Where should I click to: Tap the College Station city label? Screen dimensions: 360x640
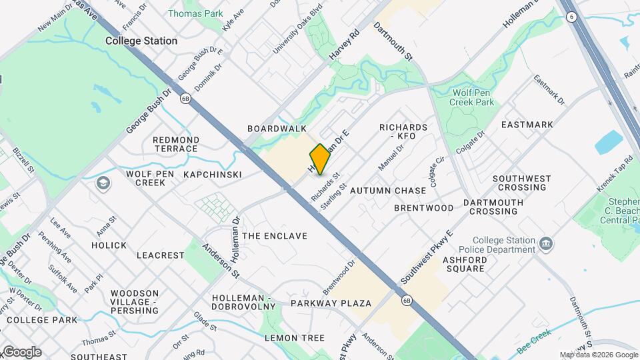[141, 41]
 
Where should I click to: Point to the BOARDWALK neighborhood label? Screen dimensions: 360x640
[277, 128]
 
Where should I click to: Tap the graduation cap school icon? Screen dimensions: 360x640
[103, 183]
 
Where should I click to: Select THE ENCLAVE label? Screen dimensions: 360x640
[275, 236]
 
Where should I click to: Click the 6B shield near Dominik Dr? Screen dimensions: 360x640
[185, 98]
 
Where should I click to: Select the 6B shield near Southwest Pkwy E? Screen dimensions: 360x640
[406, 301]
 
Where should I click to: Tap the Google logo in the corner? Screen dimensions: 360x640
[21, 352]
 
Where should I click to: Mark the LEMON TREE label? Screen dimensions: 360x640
[295, 338]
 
